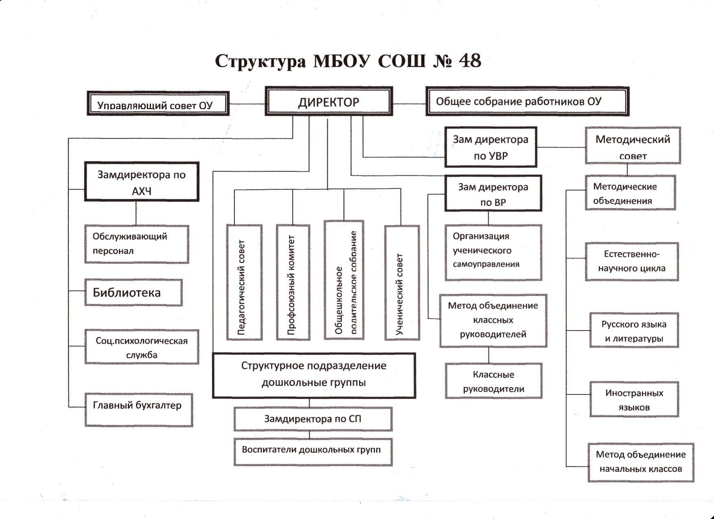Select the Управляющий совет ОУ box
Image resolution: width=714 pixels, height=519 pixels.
coord(158,103)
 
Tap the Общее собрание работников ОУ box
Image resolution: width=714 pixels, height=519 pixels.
coord(527,101)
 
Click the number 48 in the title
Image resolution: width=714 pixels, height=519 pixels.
coord(469,61)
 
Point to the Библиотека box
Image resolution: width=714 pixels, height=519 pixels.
coord(133,292)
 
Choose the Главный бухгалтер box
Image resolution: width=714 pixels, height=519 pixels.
coord(138,409)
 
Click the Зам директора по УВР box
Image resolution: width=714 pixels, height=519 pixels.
coord(491,147)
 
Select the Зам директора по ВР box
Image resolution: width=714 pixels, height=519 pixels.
coord(493,194)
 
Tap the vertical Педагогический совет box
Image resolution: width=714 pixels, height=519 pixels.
coord(244,282)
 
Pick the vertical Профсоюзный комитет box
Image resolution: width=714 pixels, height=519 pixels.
coord(293,282)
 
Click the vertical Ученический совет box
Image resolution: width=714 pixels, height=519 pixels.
coord(402,282)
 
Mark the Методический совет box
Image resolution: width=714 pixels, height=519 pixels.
coord(633,145)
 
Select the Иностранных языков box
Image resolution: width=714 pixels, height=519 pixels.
coord(634,399)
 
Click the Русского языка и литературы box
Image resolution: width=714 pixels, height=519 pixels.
coord(634,331)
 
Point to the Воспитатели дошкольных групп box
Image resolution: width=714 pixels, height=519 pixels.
coord(313,451)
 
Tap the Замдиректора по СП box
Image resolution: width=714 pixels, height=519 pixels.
coord(313,419)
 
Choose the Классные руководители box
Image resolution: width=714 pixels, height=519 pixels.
coord(493,381)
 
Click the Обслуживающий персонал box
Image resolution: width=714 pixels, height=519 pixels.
coord(136,244)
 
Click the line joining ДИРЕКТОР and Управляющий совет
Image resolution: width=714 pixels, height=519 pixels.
coord(247,104)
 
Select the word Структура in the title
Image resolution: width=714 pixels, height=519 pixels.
coord(260,62)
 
